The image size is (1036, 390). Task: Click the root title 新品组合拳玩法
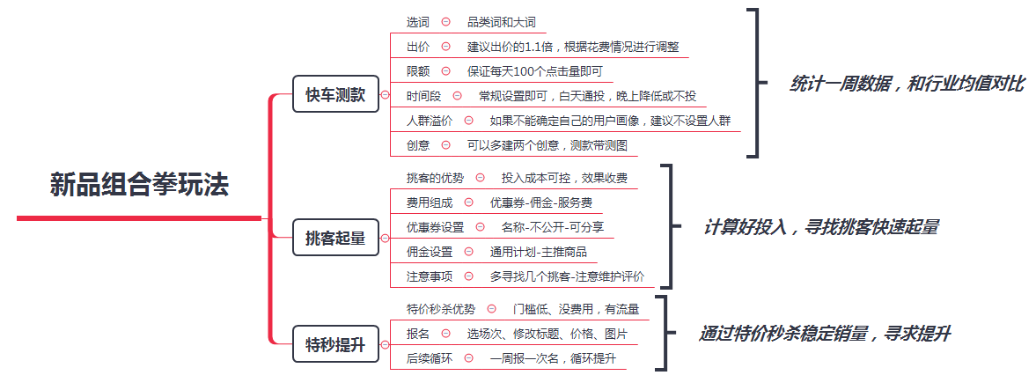(139, 185)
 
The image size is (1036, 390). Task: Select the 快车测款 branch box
(335, 94)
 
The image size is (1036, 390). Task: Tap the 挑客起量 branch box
(335, 238)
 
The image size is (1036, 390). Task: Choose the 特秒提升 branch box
(335, 343)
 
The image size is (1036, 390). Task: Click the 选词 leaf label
(417, 23)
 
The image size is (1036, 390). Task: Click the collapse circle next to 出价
(446, 47)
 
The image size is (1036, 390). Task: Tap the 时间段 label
(423, 97)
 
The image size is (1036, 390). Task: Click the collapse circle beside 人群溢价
(468, 121)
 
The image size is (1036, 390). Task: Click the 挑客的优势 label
(435, 178)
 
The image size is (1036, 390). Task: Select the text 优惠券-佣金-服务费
(537, 202)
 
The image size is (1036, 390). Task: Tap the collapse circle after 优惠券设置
(481, 227)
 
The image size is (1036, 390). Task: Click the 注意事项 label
(430, 276)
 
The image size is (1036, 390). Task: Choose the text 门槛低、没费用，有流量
(577, 309)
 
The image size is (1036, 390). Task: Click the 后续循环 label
(430, 357)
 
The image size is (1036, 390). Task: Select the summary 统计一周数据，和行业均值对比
(907, 84)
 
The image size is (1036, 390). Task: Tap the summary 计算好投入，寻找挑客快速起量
(820, 227)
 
